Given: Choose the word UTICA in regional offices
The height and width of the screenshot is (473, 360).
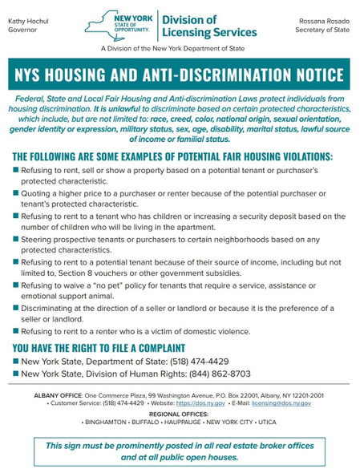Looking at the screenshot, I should click(267, 422).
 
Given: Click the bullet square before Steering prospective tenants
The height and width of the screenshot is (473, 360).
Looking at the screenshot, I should click(16, 239).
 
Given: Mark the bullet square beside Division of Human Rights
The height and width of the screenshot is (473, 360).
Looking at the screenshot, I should click(16, 374).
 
